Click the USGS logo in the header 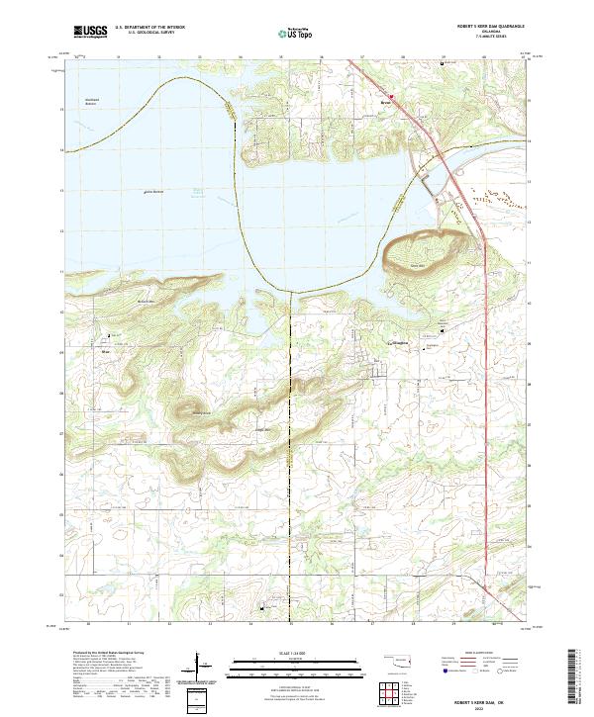click(89, 32)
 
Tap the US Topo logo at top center click(285, 33)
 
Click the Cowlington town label click(400, 344)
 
